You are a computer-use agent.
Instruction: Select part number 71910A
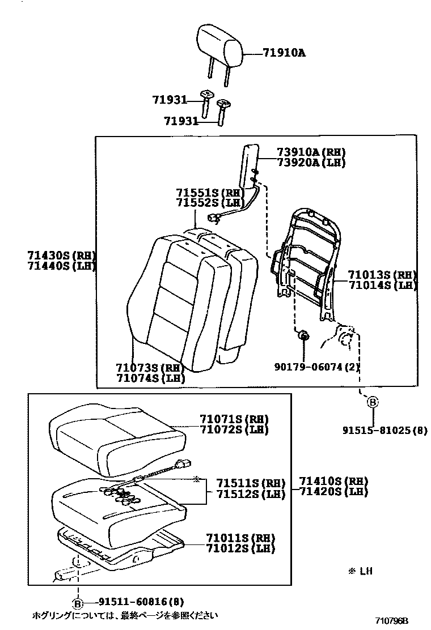coord(284,53)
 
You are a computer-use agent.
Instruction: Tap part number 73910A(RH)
coord(311,152)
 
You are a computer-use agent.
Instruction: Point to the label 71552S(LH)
coord(209,202)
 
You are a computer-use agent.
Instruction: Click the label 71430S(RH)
coord(61,256)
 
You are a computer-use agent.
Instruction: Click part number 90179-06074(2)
coord(320,367)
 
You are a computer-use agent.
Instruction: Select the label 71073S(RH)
coord(150,368)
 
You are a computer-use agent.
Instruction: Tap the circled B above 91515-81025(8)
coord(373,402)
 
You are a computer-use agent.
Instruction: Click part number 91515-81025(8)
coord(384,431)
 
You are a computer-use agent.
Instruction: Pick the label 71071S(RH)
coord(234,419)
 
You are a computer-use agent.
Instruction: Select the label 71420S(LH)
coord(334,492)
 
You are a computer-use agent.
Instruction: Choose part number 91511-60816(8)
coord(133,602)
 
